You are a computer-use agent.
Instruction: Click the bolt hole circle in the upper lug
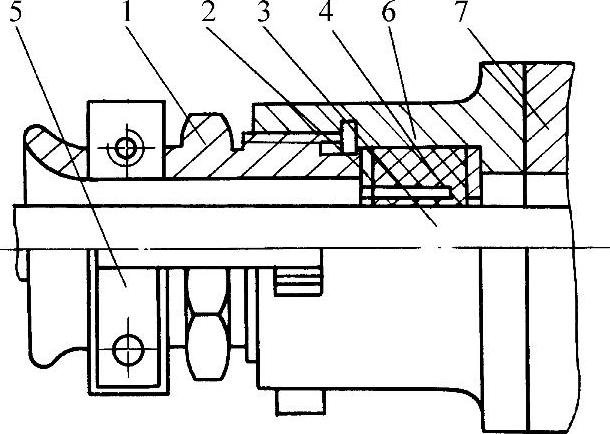tap(124, 148)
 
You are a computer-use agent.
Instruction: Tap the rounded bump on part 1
tap(204, 126)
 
